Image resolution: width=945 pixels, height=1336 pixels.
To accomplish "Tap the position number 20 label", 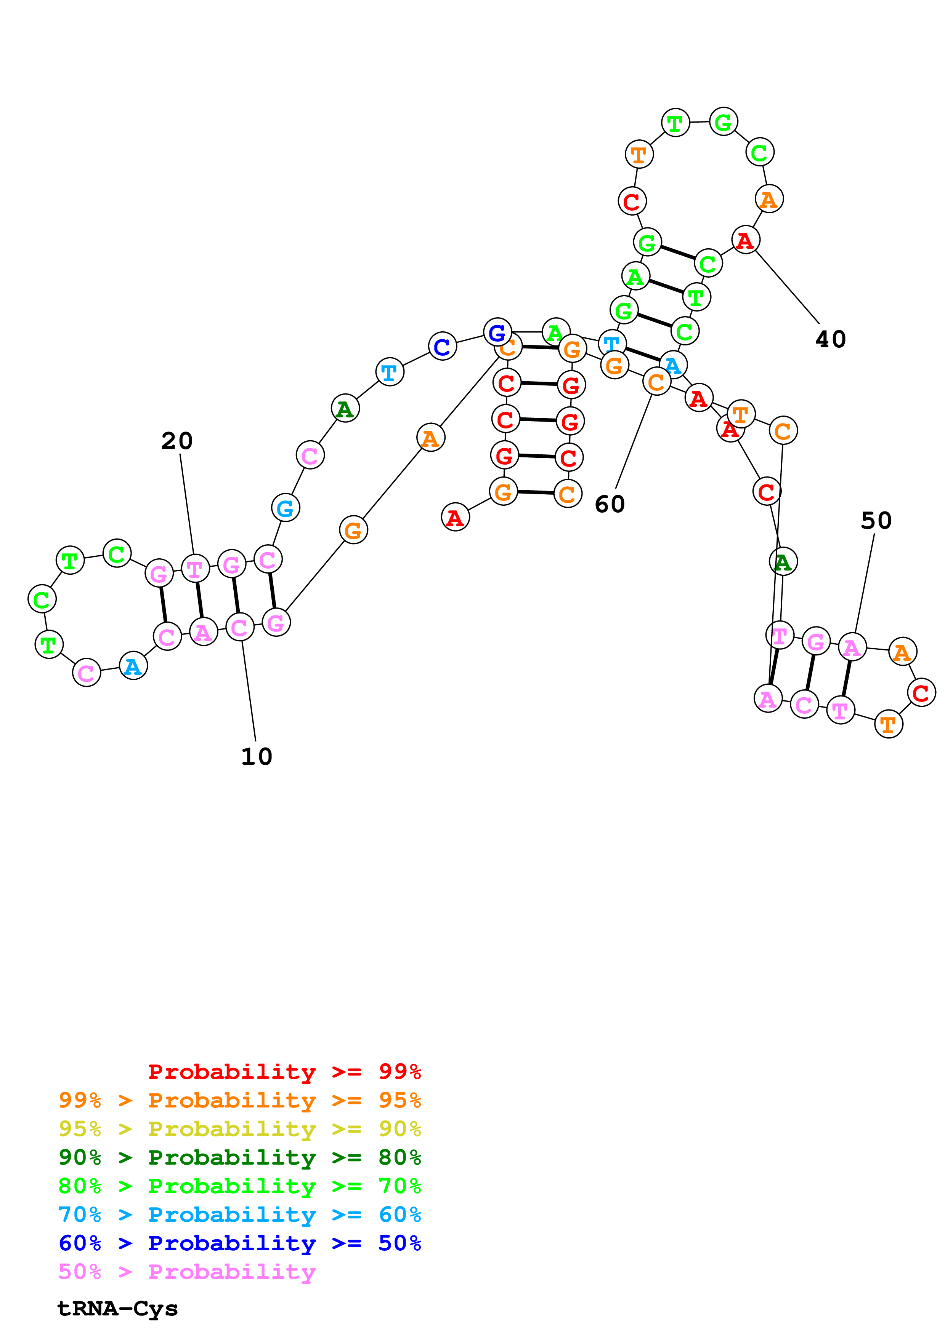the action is [x=177, y=441].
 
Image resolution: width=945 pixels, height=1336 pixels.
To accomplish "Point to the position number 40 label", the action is [x=830, y=339].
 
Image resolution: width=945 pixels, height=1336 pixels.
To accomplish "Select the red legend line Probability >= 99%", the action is [x=284, y=1071].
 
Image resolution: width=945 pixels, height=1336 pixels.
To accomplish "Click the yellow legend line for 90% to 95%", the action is [x=239, y=1129].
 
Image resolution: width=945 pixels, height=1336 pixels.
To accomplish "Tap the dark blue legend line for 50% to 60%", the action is [x=239, y=1243].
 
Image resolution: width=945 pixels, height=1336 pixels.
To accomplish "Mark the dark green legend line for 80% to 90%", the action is [x=239, y=1157].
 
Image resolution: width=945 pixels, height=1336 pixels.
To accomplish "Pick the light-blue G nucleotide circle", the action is [x=285, y=508].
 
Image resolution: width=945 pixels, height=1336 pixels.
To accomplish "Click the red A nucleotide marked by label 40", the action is [x=745, y=240].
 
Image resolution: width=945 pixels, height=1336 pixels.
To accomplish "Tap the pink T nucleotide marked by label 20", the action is [x=195, y=569].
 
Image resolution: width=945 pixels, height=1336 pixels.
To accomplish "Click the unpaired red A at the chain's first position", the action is [x=455, y=517].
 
